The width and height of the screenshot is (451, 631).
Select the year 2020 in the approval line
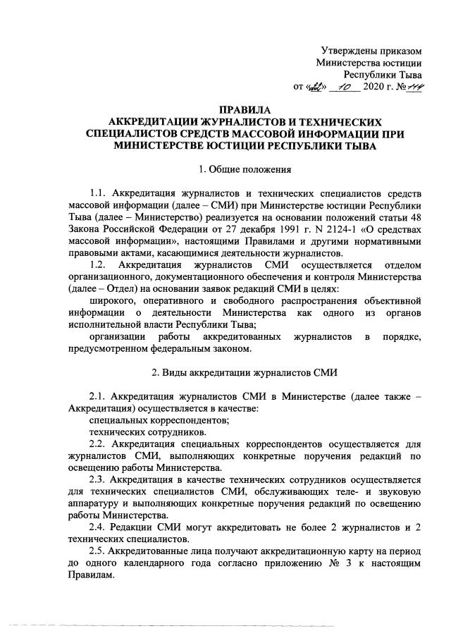point(373,88)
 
